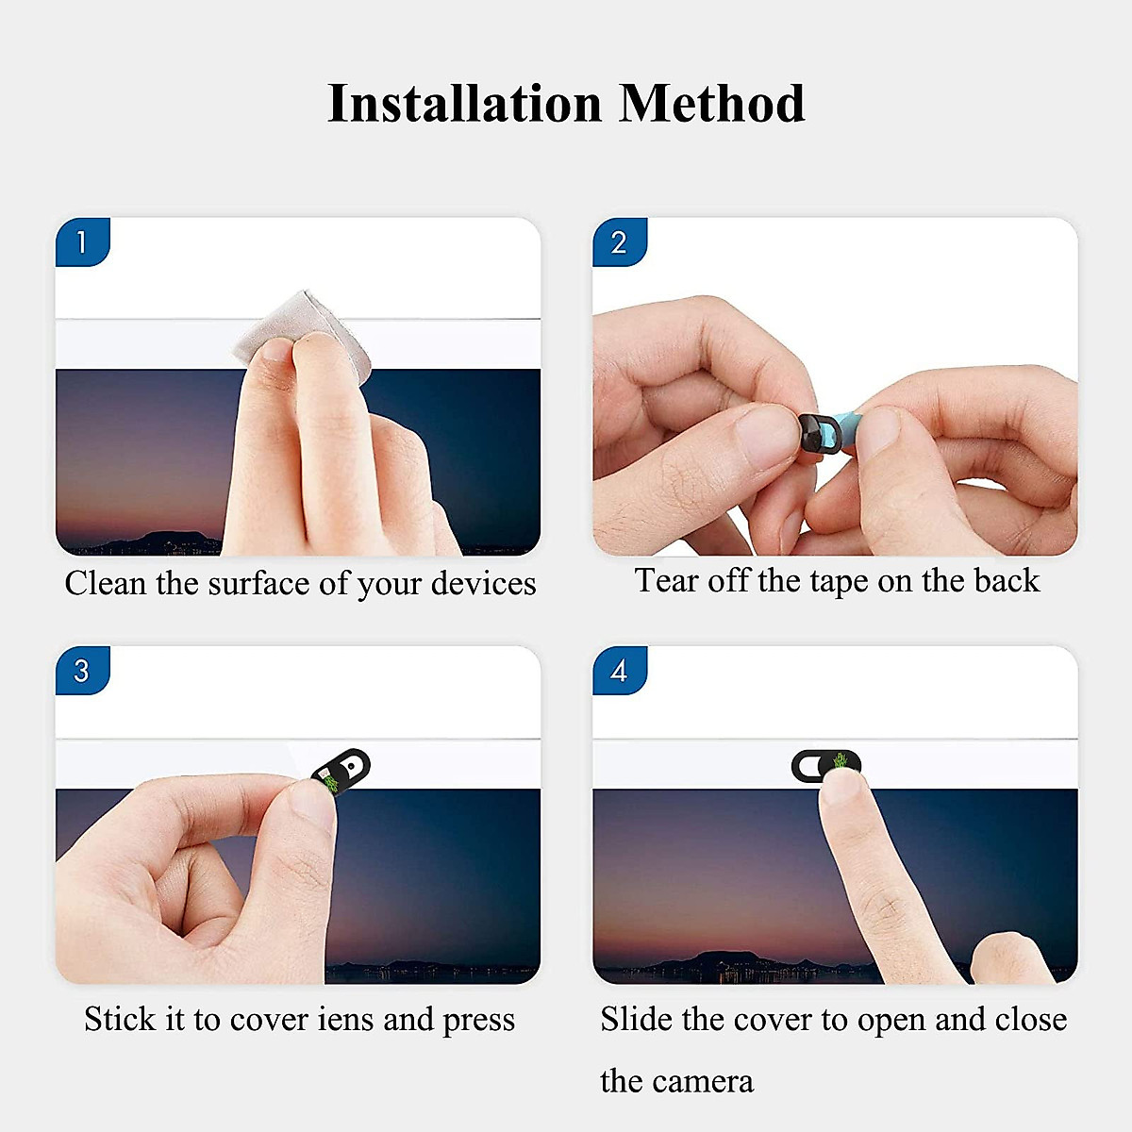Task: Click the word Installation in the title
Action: [462, 103]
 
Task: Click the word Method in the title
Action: [711, 103]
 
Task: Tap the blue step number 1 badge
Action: [82, 242]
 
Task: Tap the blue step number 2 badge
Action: [619, 242]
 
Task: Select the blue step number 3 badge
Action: [82, 671]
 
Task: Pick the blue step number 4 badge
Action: [619, 671]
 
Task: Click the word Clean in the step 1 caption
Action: [105, 583]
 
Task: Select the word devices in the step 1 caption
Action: [483, 583]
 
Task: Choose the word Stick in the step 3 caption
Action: [121, 1019]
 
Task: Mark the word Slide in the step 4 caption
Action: [637, 1019]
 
